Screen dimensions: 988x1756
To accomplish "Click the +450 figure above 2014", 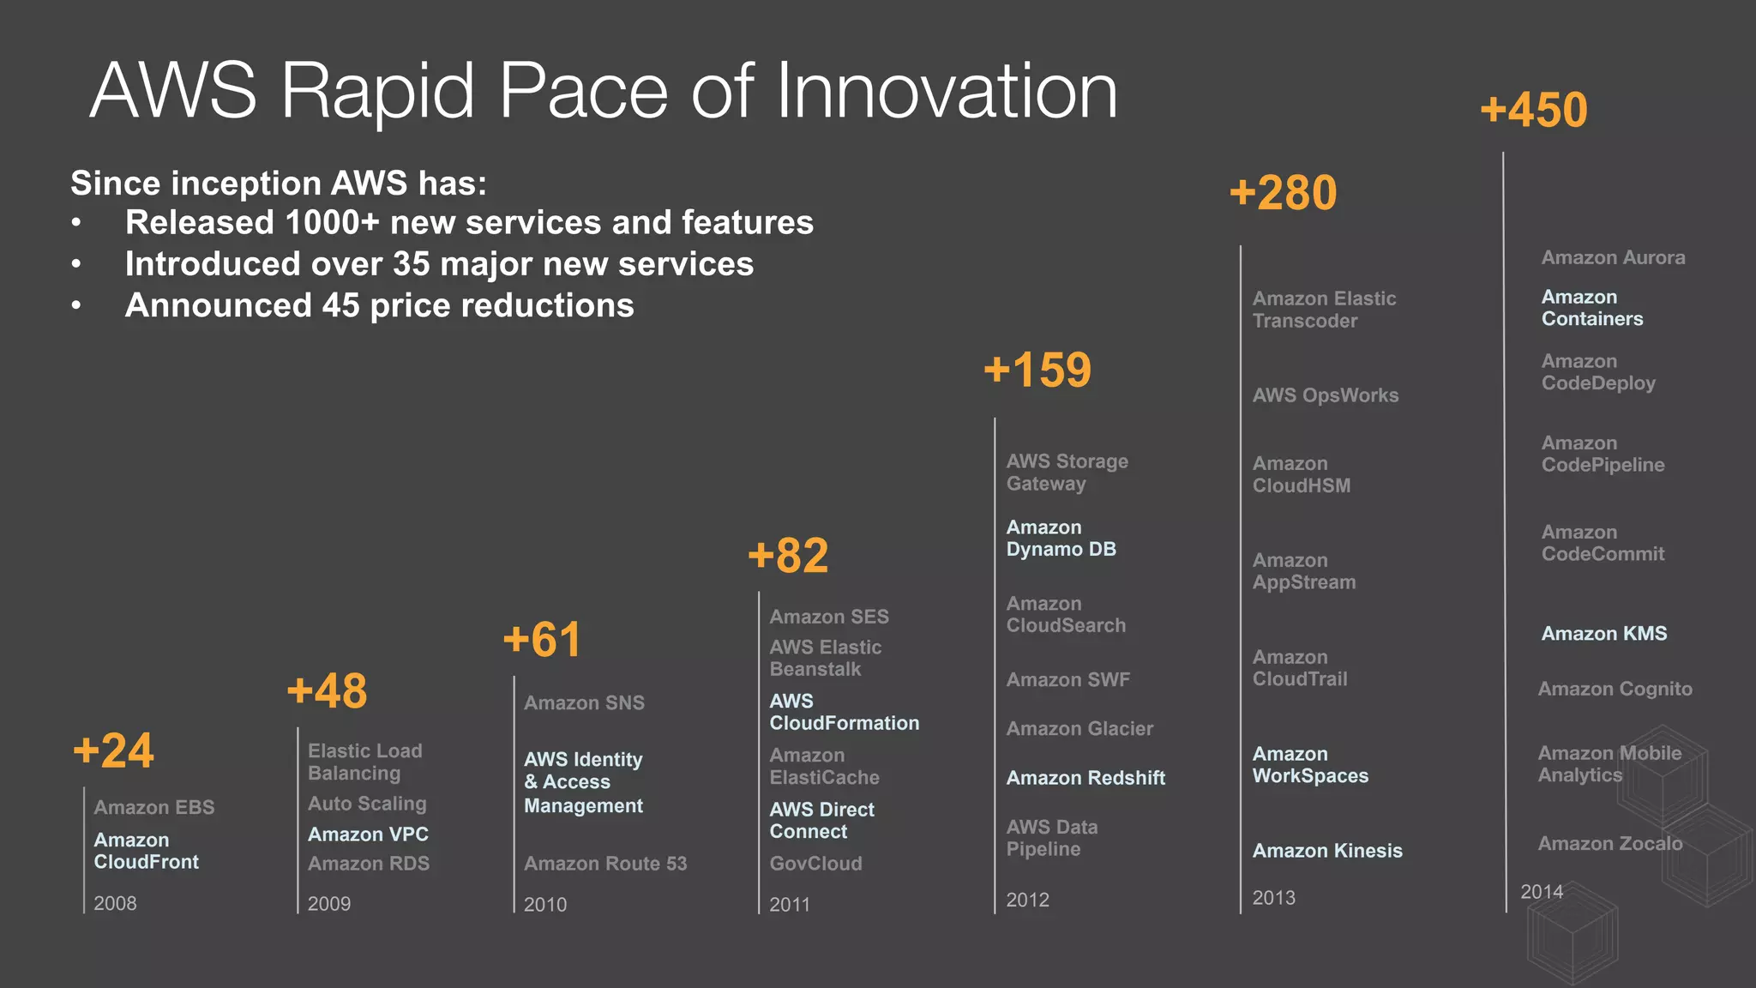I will tap(1533, 111).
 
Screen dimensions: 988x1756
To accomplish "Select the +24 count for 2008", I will tap(113, 751).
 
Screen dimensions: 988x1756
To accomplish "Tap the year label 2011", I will tap(789, 904).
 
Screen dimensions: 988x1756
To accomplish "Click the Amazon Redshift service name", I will tap(1085, 778).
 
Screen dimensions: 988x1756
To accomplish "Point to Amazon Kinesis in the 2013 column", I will tap(1327, 851).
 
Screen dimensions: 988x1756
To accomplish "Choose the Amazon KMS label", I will tap(1603, 634).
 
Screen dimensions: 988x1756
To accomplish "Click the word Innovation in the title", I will tap(947, 91).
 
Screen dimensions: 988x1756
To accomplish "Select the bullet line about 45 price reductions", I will tap(379, 305).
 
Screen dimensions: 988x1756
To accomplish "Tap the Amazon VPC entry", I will tap(368, 834).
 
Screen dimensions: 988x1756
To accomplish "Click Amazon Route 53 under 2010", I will tap(605, 864).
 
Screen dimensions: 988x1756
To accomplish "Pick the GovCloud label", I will tap(815, 864).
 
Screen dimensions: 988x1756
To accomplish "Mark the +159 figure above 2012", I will tap(1037, 370).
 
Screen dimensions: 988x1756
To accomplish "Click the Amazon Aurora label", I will tap(1613, 257).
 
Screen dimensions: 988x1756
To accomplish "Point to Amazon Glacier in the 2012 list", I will tap(1079, 729).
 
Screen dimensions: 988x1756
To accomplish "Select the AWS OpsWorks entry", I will tap(1325, 395).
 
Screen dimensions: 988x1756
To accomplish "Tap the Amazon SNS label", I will tap(584, 703).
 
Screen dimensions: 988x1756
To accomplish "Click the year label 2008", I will tap(115, 903).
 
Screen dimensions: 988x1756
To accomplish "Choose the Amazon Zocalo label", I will tap(1609, 844).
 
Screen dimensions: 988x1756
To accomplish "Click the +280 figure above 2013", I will tap(1283, 193).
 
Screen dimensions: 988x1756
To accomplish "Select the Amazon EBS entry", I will tap(154, 807).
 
